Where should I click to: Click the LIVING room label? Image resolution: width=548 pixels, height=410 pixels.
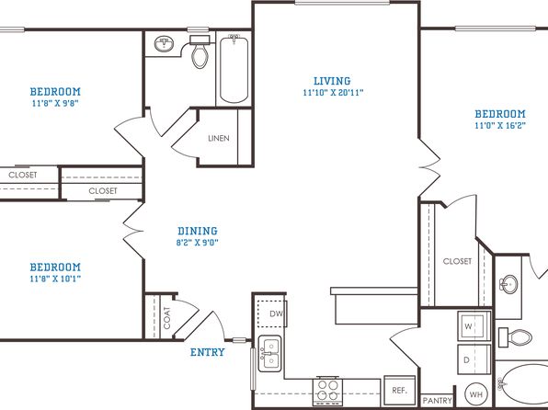pos(332,81)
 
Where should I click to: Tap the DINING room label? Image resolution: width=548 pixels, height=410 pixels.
pos(198,231)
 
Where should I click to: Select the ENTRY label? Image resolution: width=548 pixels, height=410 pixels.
pos(208,352)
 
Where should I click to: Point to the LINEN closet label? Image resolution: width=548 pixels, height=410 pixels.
pos(219,139)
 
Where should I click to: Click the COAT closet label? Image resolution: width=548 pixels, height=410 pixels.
pos(167,318)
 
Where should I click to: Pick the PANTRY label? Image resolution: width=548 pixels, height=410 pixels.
pos(438,401)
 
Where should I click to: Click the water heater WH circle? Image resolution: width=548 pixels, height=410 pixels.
pos(476,394)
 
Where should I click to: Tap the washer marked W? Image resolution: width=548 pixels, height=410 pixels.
pos(474,326)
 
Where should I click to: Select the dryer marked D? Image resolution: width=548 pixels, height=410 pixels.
pos(474,359)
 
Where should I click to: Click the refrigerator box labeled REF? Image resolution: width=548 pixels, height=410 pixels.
pos(400,390)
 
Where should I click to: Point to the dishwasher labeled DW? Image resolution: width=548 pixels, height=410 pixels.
pos(272,313)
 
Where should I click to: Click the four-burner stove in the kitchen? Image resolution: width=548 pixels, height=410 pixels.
pos(327,391)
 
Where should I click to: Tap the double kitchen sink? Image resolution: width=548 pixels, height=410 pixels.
pos(269,353)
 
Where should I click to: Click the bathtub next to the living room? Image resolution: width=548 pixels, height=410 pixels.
pos(234,69)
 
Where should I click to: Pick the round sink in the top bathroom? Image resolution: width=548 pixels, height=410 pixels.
pos(164,44)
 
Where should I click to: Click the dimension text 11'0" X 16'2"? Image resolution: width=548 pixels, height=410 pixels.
pos(500,125)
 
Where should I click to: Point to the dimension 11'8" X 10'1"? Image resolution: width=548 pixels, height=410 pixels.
pos(55,279)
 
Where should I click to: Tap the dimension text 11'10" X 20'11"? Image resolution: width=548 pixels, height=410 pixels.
pos(333,93)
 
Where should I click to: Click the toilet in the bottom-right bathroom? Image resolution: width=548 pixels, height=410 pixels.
pos(516,337)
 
